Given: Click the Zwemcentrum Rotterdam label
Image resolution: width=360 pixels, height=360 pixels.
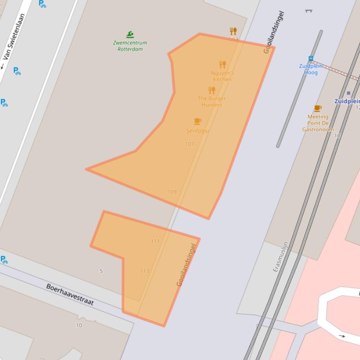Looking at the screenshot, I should tap(130, 46).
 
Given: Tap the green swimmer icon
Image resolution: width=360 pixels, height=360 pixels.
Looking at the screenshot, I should tap(130, 35).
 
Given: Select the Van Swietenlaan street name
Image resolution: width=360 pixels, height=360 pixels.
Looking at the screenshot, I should tap(14, 36).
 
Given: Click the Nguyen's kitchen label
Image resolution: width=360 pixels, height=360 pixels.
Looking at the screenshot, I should tap(222, 76).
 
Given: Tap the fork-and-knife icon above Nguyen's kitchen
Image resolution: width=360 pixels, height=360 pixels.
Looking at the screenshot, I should tap(222, 64).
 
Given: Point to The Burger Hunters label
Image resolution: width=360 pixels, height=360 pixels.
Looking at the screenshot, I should tap(212, 101).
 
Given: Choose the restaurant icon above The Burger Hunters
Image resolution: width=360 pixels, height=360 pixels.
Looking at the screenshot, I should tap(212, 90).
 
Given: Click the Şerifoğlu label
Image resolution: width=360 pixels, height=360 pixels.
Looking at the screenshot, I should tap(198, 131).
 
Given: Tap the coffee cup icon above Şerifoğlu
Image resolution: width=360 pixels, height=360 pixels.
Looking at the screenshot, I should tap(198, 122).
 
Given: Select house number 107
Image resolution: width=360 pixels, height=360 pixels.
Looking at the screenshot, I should tap(190, 144).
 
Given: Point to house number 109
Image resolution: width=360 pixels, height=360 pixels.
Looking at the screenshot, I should tap(172, 192).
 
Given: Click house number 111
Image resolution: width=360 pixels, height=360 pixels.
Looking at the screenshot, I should tap(155, 241).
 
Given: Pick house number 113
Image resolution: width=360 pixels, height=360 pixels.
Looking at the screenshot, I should tap(145, 271).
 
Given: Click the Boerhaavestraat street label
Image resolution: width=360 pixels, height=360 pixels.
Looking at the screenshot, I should tap(70, 295).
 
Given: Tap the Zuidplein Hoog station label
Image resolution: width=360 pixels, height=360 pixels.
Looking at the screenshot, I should tap(311, 69).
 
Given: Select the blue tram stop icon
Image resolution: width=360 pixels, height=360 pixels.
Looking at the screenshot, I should tap(310, 59).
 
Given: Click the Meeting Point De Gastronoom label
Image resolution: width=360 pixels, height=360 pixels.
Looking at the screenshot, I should tap(318, 123).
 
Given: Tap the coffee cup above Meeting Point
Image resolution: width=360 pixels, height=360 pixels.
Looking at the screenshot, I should tap(318, 108).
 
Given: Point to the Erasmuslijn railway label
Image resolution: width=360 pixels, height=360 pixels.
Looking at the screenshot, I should tap(280, 257).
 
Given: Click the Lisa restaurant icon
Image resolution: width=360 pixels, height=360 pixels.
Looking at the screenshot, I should tap(233, 31).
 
